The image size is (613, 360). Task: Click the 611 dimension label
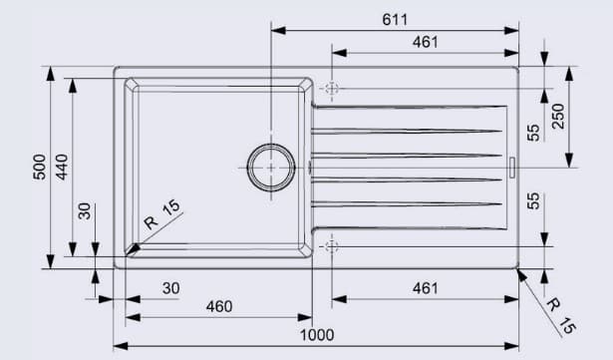(394, 19)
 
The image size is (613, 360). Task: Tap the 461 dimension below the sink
(425, 288)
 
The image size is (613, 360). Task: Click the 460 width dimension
(218, 308)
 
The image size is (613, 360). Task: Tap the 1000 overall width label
(316, 334)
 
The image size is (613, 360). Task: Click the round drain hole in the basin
(271, 167)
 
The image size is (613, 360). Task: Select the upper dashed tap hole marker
(331, 89)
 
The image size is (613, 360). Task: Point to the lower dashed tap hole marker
(331, 245)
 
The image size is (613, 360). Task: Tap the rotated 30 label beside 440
(85, 211)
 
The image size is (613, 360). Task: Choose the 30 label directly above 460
(170, 288)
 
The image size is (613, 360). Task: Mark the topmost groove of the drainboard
(409, 107)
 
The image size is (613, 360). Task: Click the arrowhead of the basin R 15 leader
(134, 247)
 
